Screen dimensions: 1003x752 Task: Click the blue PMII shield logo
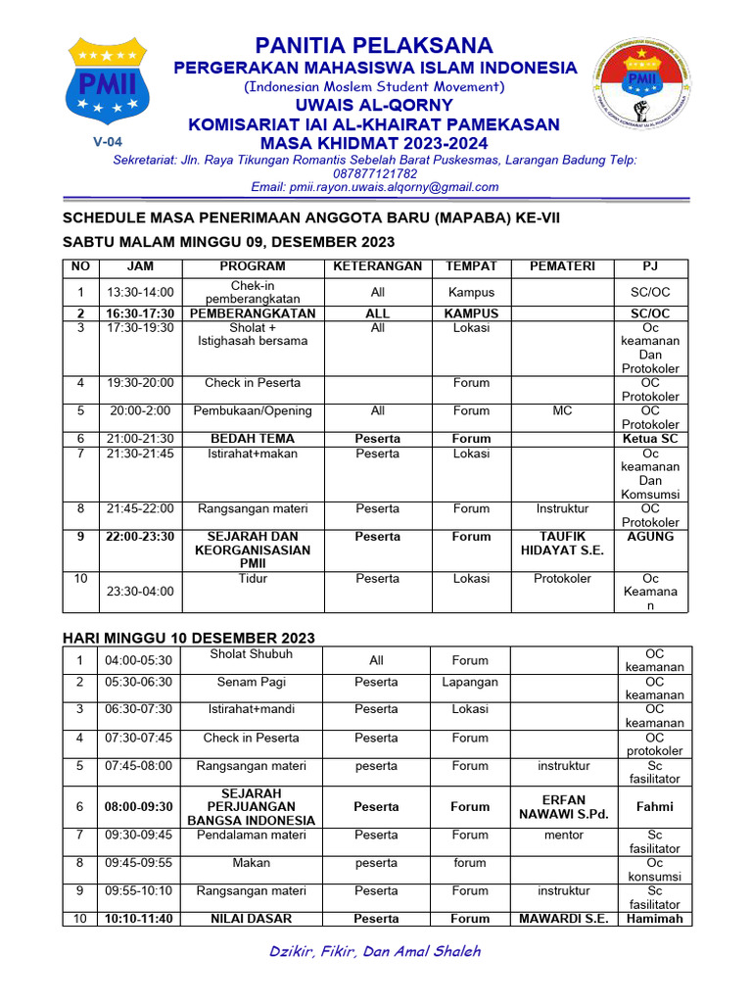[107, 81]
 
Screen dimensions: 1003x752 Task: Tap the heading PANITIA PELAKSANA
[375, 45]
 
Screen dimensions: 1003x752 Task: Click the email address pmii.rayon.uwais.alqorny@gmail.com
[375, 187]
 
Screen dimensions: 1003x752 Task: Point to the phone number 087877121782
[375, 173]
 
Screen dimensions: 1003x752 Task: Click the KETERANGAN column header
[377, 266]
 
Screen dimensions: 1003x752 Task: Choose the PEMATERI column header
[562, 266]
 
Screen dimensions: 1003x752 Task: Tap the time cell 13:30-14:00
[140, 292]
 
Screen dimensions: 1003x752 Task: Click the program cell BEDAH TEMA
[253, 439]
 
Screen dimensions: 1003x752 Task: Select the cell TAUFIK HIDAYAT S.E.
[562, 544]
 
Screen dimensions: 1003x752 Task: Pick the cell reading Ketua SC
[650, 439]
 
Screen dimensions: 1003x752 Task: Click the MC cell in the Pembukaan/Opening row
[562, 411]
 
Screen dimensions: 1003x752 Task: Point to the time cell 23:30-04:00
[140, 592]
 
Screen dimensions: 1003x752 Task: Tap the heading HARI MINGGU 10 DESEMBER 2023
[189, 638]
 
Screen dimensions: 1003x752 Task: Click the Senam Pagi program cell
[252, 682]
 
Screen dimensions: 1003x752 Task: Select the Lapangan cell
[470, 682]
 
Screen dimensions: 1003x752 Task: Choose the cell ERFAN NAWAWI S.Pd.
[562, 807]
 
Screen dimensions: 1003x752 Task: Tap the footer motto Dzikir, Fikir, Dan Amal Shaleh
[375, 951]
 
